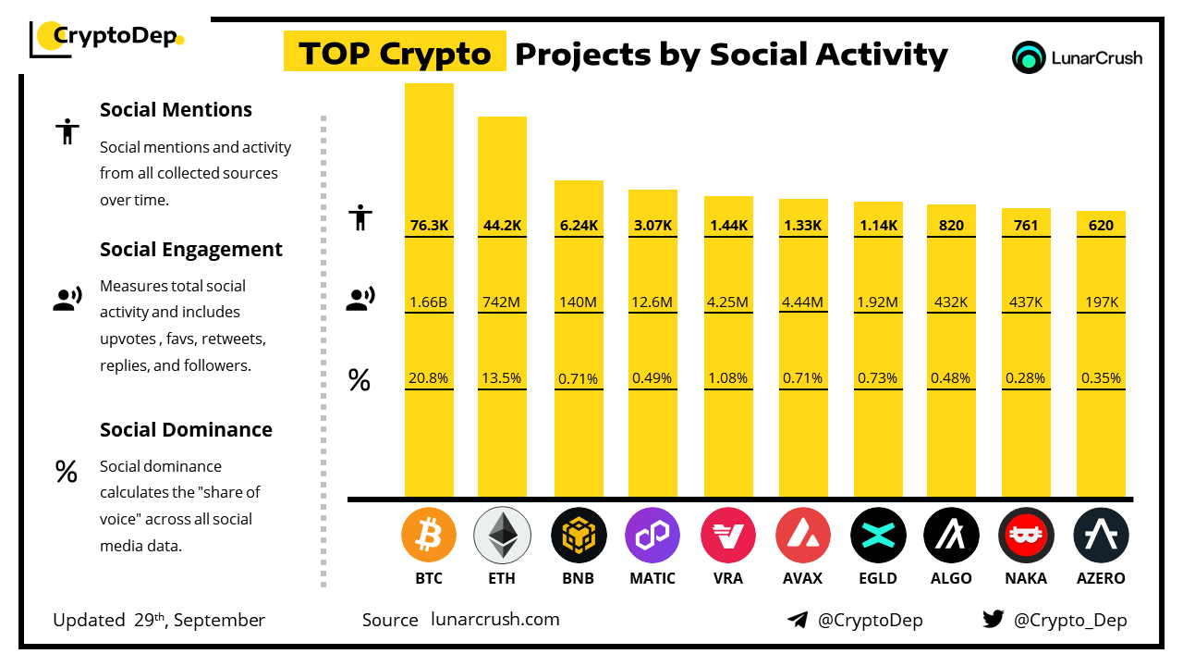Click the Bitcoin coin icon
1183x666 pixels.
429,535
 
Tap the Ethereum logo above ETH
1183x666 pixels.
502,535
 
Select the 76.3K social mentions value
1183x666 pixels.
429,225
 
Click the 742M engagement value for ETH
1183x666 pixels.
502,302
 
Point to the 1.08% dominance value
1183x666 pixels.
728,378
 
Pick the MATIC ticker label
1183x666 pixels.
652,578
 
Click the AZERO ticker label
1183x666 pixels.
1101,578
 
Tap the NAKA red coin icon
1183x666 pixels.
1026,535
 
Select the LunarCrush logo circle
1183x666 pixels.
1028,57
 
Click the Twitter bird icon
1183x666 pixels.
994,620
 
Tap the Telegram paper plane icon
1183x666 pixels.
798,620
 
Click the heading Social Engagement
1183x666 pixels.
191,249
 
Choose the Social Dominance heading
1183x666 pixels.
186,429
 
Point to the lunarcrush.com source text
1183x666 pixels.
495,620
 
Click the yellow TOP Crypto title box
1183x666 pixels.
395,54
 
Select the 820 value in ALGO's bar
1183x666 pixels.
951,225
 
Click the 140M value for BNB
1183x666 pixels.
579,302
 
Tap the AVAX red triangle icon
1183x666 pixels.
802,535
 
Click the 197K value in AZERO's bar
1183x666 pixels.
1101,302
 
